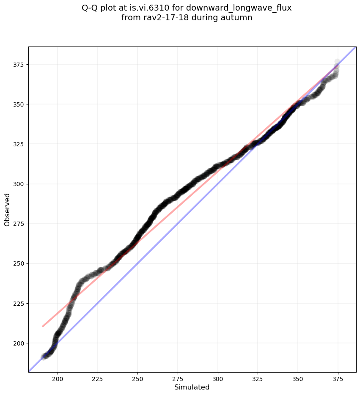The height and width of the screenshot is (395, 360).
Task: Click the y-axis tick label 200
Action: point(19,343)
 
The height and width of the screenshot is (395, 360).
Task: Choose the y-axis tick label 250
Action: point(19,263)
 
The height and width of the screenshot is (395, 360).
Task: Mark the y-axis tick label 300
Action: point(19,184)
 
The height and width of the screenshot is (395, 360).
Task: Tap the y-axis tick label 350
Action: point(19,104)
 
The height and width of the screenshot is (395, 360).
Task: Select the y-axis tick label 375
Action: point(19,65)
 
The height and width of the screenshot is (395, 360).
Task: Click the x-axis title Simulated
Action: point(192,387)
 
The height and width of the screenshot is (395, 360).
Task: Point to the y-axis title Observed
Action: point(7,209)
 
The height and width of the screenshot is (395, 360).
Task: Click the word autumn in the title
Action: point(238,18)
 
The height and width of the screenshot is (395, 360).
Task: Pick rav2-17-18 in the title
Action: point(163,18)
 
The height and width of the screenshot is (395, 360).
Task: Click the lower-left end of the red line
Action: point(43,326)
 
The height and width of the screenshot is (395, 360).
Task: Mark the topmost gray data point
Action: point(337,62)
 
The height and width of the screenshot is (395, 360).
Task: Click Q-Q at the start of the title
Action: point(90,8)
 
